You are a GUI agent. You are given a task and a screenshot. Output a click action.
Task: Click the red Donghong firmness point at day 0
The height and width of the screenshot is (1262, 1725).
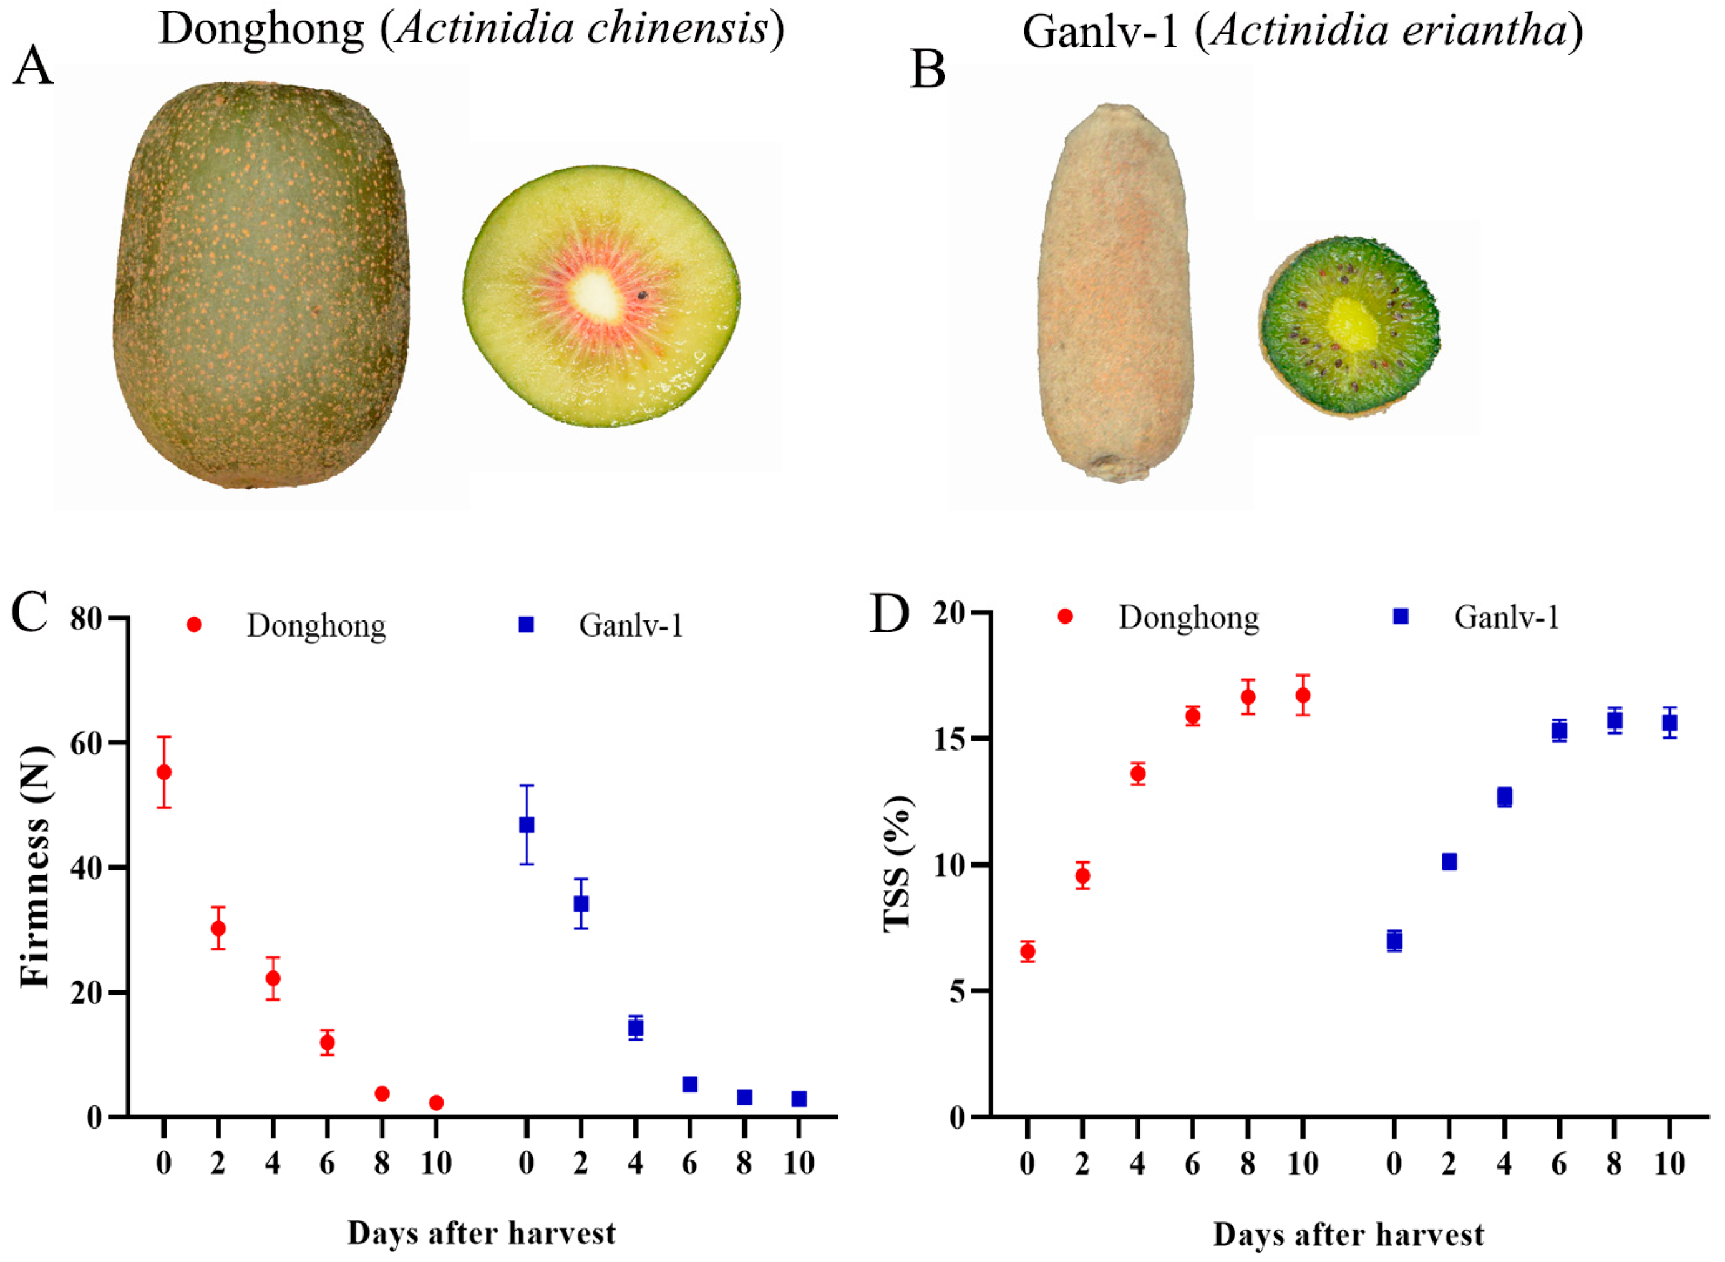(x=163, y=773)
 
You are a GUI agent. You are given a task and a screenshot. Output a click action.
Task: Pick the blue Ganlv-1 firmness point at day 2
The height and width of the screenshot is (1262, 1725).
(x=581, y=903)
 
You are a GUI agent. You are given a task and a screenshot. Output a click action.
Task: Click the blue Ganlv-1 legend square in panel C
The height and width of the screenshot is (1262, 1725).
(x=526, y=625)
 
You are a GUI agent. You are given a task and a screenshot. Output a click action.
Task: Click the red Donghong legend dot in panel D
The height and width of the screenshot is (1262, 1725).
(x=1065, y=617)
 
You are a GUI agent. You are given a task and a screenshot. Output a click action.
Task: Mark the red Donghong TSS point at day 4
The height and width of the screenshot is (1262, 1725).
(x=1137, y=773)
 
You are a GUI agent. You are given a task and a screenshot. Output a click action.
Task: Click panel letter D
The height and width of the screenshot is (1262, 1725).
(x=890, y=615)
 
